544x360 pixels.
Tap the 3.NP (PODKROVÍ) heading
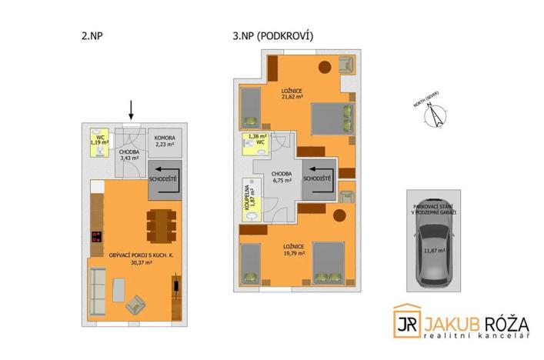(272, 35)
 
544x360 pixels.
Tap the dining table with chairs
(160, 225)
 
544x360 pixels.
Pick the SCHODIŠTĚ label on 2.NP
(163, 178)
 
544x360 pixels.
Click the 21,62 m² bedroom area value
(292, 98)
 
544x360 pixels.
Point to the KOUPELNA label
(249, 198)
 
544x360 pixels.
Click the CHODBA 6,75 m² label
(282, 178)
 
